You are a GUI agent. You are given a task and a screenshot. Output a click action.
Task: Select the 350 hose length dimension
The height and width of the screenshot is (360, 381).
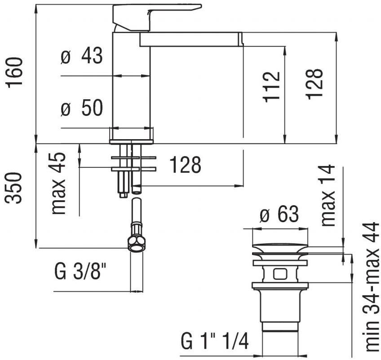pyautogui.click(x=15, y=187)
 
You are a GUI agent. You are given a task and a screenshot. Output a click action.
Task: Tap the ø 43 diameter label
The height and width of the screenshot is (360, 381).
pyautogui.click(x=82, y=57)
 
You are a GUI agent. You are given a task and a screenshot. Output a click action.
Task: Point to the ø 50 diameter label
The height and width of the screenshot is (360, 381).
pyautogui.click(x=82, y=109)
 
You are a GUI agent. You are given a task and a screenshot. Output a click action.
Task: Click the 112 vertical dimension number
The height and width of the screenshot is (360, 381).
pyautogui.click(x=272, y=86)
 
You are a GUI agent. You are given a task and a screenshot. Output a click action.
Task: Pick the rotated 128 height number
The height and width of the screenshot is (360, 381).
pyautogui.click(x=314, y=84)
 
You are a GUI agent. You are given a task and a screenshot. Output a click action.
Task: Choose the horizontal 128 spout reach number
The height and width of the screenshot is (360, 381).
pyautogui.click(x=185, y=166)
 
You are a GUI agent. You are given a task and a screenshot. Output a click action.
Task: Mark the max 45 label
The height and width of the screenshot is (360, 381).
pyautogui.click(x=59, y=184)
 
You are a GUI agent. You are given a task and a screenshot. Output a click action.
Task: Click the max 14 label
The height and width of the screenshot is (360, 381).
pyautogui.click(x=328, y=195)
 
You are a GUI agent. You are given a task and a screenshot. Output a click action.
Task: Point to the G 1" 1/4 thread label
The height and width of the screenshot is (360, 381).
pyautogui.click(x=215, y=341)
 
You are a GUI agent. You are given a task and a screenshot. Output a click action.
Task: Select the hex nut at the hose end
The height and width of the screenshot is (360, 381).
pyautogui.click(x=136, y=244)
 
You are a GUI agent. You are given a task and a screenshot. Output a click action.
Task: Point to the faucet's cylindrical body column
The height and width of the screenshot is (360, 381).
pyautogui.click(x=131, y=85)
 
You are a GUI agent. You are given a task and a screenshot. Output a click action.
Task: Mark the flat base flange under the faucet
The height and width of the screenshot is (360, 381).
pyautogui.click(x=131, y=142)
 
